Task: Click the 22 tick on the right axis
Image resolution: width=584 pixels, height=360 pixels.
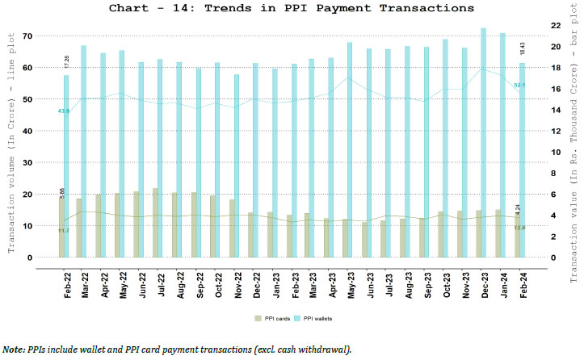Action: coord(555,26)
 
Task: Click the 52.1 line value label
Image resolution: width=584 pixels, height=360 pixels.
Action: coord(519,85)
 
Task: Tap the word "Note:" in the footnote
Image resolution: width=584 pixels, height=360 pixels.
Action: coord(14,349)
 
